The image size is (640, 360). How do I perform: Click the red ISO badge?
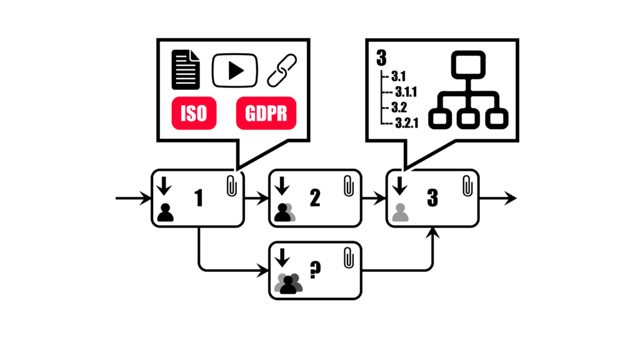click(x=194, y=114)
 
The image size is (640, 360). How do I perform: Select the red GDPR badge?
click(x=266, y=114)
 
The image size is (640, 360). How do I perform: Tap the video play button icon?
click(x=235, y=71)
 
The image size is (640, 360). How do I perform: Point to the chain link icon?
click(x=282, y=71)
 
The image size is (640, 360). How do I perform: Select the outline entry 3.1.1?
click(x=406, y=92)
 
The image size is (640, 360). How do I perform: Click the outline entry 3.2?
click(x=399, y=107)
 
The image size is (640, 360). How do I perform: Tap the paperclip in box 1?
click(x=232, y=185)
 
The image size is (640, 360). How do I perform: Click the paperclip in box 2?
click(x=349, y=185)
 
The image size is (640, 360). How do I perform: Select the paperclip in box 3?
click(x=466, y=185)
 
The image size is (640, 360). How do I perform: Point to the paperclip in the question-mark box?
click(x=349, y=257)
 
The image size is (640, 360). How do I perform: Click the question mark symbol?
click(x=316, y=271)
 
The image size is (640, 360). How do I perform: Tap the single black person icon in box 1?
click(x=166, y=212)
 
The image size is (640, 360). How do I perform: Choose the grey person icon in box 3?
click(x=400, y=212)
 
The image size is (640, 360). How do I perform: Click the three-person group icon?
click(x=288, y=284)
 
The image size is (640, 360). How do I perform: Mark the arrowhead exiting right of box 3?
click(x=511, y=198)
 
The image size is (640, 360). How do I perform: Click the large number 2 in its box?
click(x=315, y=198)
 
